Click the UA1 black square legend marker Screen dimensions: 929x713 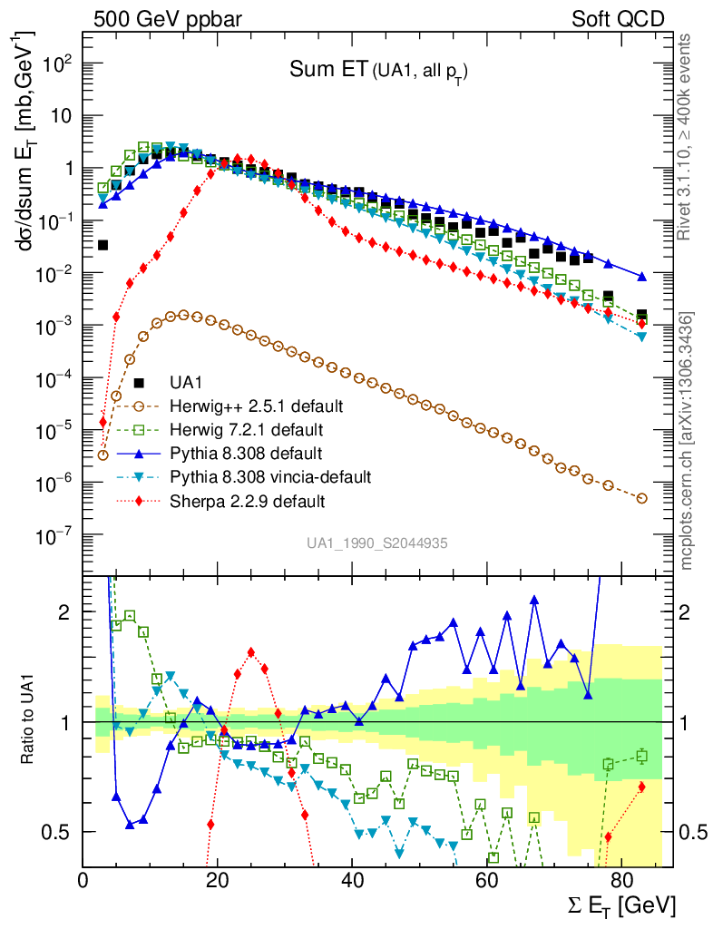139,381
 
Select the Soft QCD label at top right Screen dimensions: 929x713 618,19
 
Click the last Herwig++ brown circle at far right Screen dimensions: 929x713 642,498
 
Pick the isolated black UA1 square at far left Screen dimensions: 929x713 103,245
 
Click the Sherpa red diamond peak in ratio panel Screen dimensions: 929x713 251,652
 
